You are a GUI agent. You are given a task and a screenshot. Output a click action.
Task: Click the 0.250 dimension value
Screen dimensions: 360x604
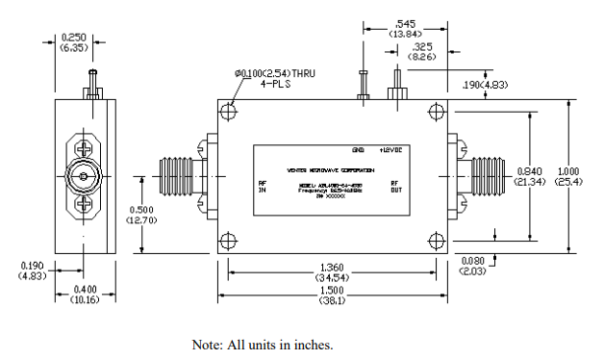coord(73,37)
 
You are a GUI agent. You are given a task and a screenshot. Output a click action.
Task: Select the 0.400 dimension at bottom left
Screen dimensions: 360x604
coord(84,290)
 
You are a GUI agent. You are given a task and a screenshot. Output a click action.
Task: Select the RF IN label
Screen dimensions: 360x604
coord(262,188)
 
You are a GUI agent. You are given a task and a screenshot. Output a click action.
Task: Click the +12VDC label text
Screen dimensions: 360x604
coord(391,151)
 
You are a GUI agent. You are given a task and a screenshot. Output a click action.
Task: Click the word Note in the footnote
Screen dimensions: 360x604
coord(208,344)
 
